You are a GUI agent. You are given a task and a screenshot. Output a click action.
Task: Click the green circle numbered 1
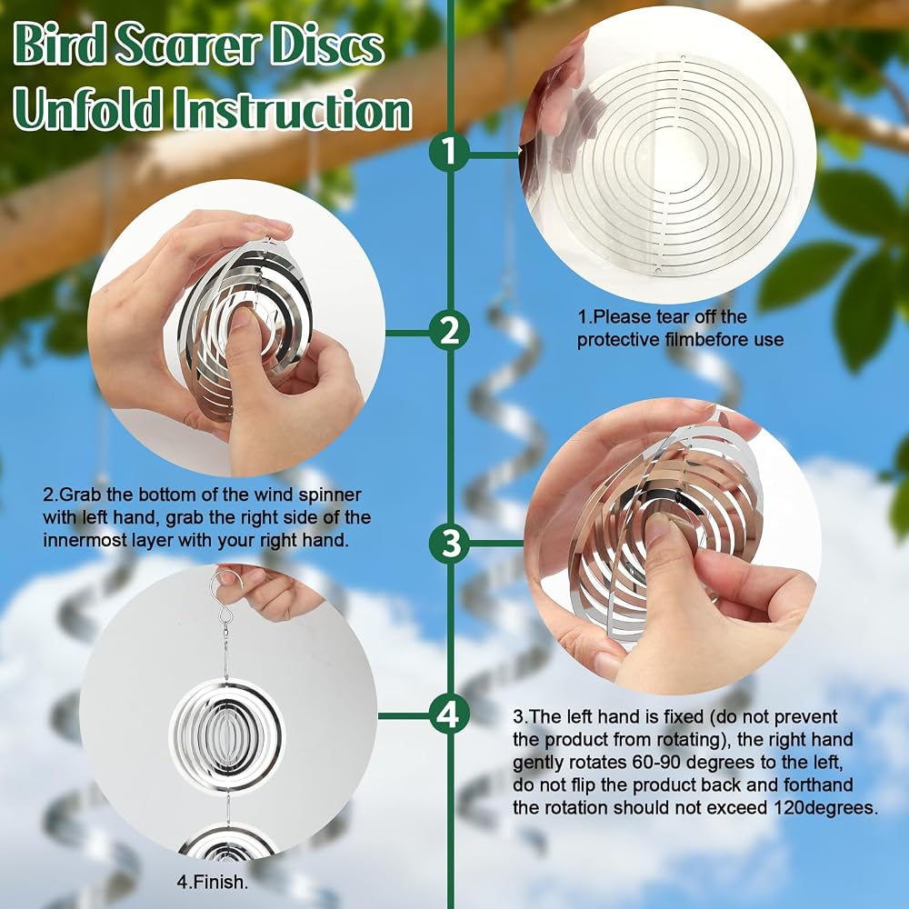tap(449, 152)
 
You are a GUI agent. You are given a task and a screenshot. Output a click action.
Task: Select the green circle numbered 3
tap(449, 544)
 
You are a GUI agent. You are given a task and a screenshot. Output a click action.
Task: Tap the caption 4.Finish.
tap(212, 882)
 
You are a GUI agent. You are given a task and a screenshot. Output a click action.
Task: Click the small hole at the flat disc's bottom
tap(658, 272)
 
